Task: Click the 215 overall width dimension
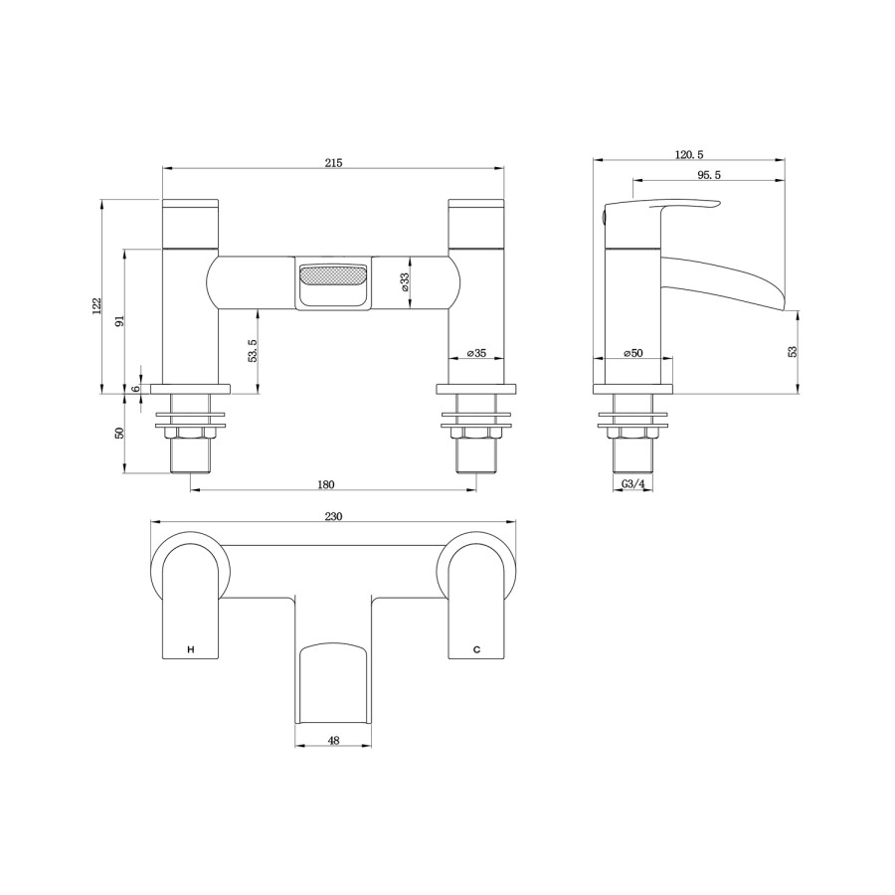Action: (x=333, y=162)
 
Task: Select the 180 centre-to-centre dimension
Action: (x=326, y=484)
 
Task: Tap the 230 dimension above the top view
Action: (x=333, y=516)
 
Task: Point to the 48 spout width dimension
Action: (x=333, y=740)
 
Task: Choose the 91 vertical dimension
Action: (x=118, y=321)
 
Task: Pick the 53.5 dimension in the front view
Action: (x=253, y=349)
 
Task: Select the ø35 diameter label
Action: (x=476, y=353)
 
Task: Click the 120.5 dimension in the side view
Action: (x=689, y=154)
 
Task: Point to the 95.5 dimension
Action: (x=707, y=175)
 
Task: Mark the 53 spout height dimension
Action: (x=792, y=351)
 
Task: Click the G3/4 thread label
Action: (x=633, y=484)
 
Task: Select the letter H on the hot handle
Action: (x=190, y=649)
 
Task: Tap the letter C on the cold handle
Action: (x=476, y=649)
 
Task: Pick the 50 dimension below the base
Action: (x=118, y=434)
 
